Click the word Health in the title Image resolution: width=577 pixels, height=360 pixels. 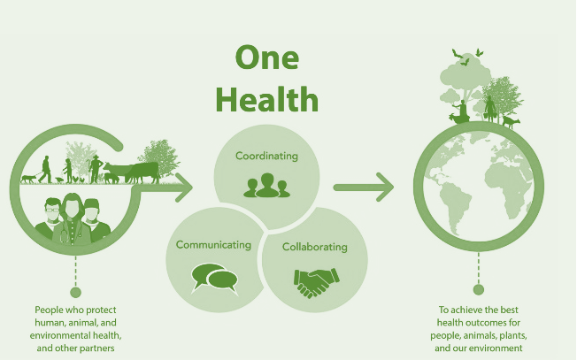click(266, 99)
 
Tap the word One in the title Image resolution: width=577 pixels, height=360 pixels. click(266, 57)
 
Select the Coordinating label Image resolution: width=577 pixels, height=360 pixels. click(266, 156)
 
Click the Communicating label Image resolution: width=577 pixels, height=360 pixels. click(213, 245)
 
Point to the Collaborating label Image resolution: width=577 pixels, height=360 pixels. click(315, 247)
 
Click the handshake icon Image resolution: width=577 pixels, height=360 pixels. click(317, 282)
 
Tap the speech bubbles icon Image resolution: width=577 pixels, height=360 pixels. click(215, 279)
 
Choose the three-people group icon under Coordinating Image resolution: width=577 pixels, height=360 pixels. click(266, 186)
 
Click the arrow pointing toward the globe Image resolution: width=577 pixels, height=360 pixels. click(364, 188)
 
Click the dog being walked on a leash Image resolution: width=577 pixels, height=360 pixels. click(28, 179)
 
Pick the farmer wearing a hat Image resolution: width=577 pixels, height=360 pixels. click(96, 168)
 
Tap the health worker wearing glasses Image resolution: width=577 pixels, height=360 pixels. click(50, 218)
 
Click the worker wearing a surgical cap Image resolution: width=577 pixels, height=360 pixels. click(95, 219)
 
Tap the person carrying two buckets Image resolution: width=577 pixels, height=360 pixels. click(489, 109)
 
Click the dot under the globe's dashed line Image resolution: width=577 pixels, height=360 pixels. click(479, 290)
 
